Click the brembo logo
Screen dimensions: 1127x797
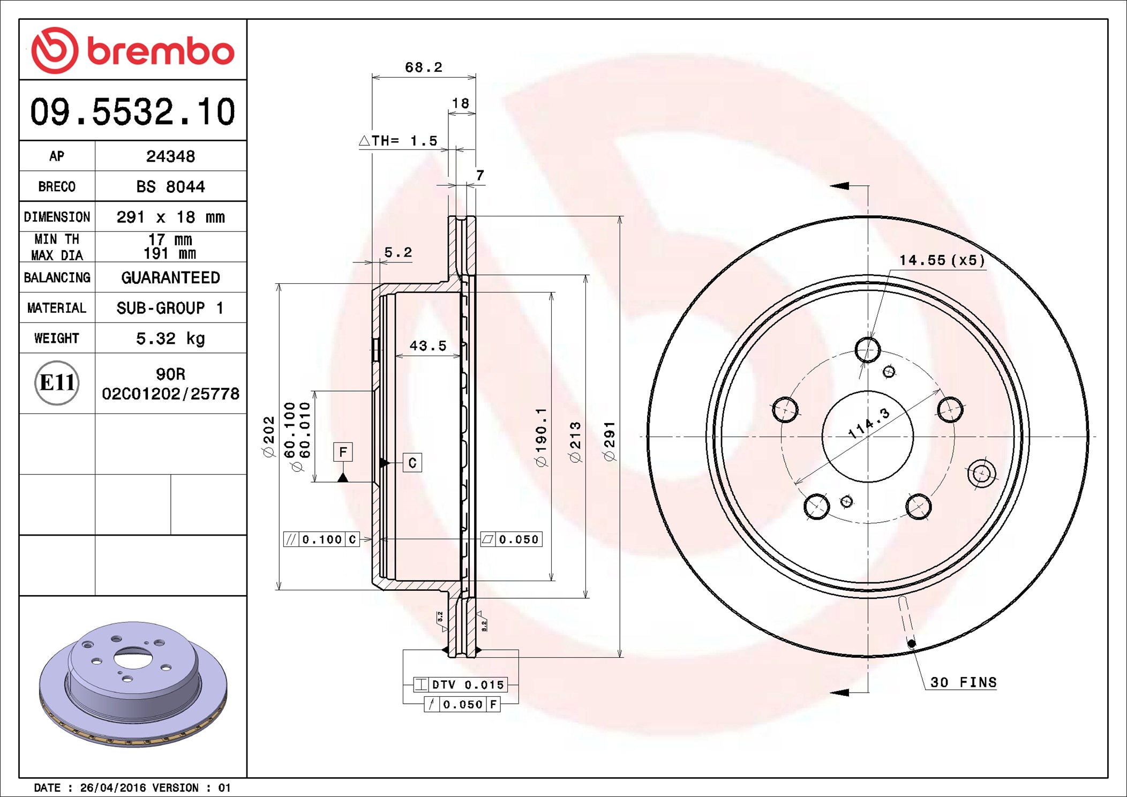coord(133,50)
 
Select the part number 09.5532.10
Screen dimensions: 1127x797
coord(133,112)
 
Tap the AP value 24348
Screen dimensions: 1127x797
coord(170,156)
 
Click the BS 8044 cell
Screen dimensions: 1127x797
coord(170,186)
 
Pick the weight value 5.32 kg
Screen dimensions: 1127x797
coord(170,339)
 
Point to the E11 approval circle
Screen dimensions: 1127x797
coord(57,382)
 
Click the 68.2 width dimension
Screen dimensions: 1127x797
coord(424,67)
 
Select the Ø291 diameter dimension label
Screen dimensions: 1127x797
coord(610,441)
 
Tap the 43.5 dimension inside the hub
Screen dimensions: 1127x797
coord(427,346)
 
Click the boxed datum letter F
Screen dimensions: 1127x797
coord(343,452)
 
